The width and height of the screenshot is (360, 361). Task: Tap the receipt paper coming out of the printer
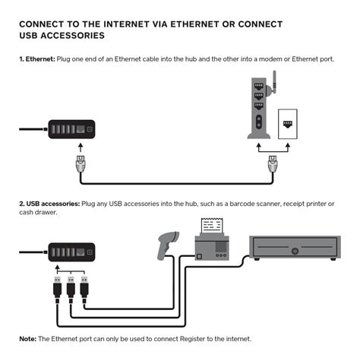click(x=212, y=226)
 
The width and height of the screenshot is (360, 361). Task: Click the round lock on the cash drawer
click(x=295, y=252)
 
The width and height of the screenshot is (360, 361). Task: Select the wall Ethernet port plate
click(x=288, y=124)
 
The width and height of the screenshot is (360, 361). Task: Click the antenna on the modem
click(x=273, y=83)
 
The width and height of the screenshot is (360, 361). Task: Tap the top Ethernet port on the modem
click(x=258, y=87)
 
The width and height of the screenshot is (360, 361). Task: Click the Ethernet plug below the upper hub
click(x=81, y=164)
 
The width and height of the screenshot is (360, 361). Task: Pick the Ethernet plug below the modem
click(x=273, y=164)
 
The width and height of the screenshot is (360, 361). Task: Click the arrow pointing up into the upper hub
click(x=81, y=147)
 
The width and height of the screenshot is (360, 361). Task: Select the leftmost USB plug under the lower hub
click(x=58, y=290)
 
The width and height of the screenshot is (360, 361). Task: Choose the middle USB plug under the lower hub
click(x=71, y=290)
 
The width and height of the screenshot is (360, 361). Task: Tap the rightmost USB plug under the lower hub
click(x=84, y=290)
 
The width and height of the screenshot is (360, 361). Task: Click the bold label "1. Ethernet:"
click(x=37, y=59)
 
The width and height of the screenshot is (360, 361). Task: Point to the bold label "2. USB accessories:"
click(x=49, y=204)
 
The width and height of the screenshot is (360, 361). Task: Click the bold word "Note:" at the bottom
click(x=28, y=339)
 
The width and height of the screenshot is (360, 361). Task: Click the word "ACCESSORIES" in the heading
click(x=73, y=36)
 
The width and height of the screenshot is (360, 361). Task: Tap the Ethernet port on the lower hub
click(x=81, y=252)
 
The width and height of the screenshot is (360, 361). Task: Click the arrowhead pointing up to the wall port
click(x=288, y=146)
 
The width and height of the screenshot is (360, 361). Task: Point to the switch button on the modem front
click(x=259, y=122)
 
